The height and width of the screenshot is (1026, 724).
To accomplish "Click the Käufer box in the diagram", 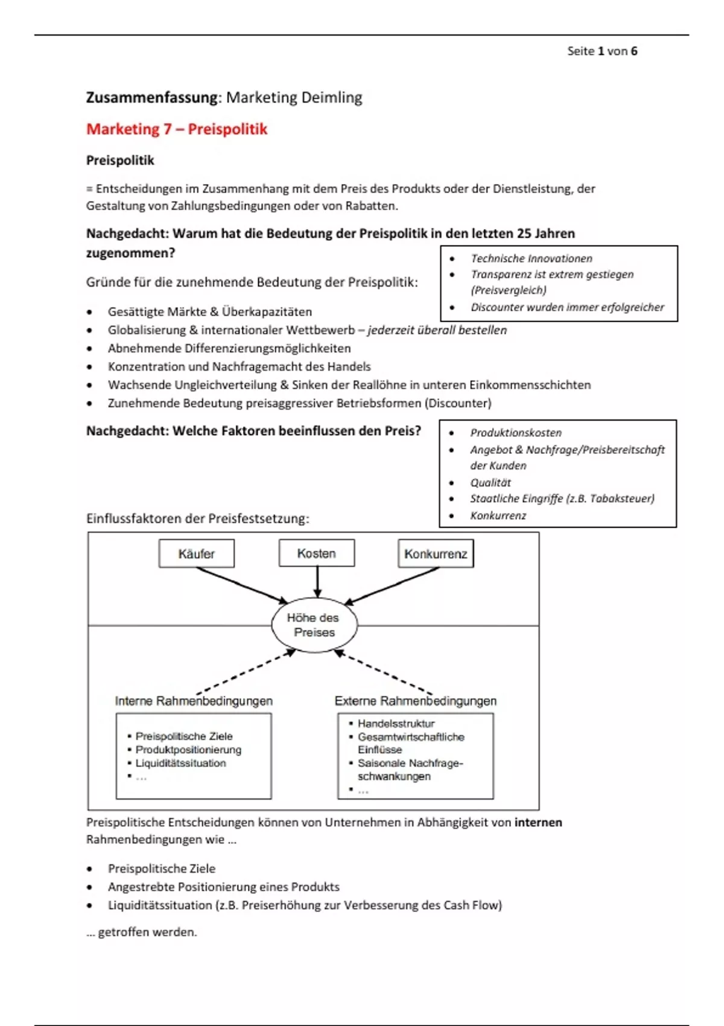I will click(197, 554).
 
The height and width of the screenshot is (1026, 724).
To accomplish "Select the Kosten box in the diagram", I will click(317, 553).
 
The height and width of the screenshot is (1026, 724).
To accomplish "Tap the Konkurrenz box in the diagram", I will click(436, 554).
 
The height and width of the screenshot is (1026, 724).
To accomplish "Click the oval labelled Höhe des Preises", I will click(314, 625).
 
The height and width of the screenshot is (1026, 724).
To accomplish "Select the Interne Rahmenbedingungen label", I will click(194, 701).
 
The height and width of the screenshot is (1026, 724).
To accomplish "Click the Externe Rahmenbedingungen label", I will click(416, 701).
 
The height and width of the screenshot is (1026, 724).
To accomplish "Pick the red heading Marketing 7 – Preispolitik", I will click(177, 129).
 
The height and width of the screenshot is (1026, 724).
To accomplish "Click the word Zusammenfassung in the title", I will click(151, 97).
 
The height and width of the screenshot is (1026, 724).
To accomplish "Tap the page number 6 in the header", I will click(634, 51).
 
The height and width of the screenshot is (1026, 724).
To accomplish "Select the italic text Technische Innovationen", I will click(532, 258).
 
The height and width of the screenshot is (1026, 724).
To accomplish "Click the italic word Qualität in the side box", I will click(491, 482).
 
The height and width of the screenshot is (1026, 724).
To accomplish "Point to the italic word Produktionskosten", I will click(516, 433).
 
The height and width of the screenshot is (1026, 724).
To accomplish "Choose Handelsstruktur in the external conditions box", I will click(396, 723).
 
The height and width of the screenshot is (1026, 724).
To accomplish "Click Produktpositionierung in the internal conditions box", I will click(188, 750).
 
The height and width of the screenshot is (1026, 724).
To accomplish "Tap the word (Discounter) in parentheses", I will click(458, 403).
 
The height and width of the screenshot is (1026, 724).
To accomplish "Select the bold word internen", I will click(538, 823).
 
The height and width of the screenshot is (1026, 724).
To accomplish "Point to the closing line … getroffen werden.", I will click(142, 932).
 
